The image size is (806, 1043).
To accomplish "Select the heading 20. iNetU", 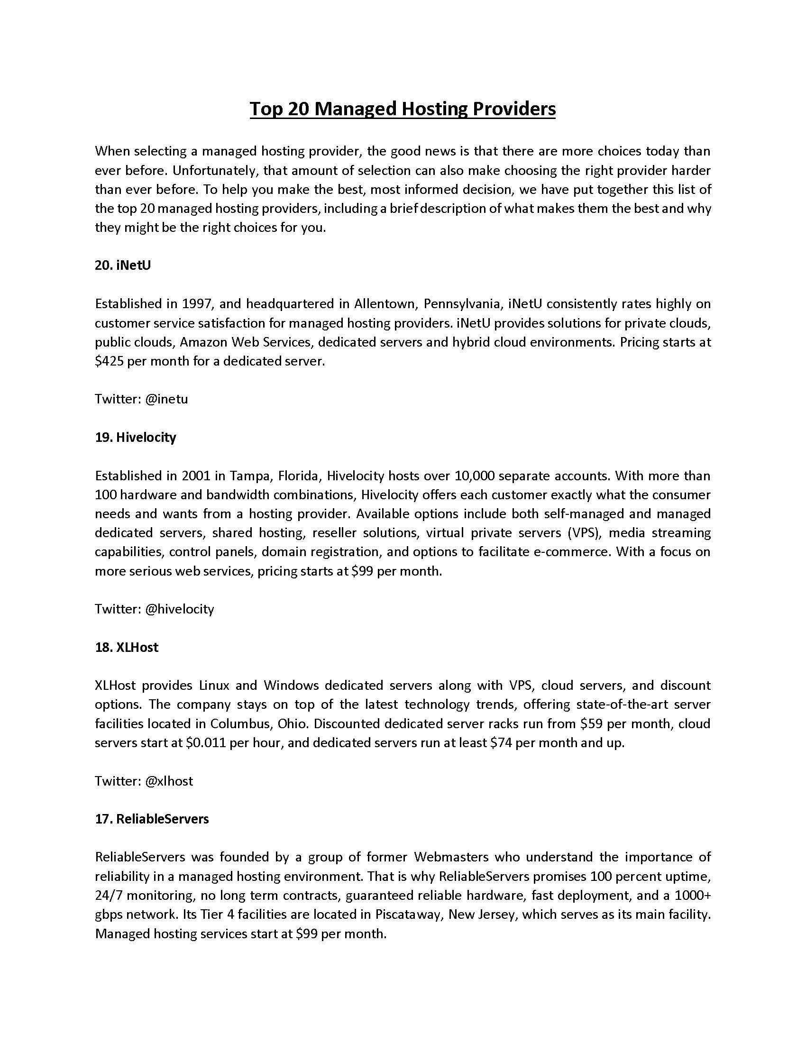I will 123,265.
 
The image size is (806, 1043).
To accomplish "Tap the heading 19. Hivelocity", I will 136,437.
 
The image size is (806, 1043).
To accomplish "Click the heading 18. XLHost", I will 127,647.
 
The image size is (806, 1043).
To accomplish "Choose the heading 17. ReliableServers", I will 152,819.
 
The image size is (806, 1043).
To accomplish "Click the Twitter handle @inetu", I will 166,399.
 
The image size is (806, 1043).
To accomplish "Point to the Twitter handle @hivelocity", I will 179,609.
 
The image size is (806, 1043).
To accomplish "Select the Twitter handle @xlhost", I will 169,781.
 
